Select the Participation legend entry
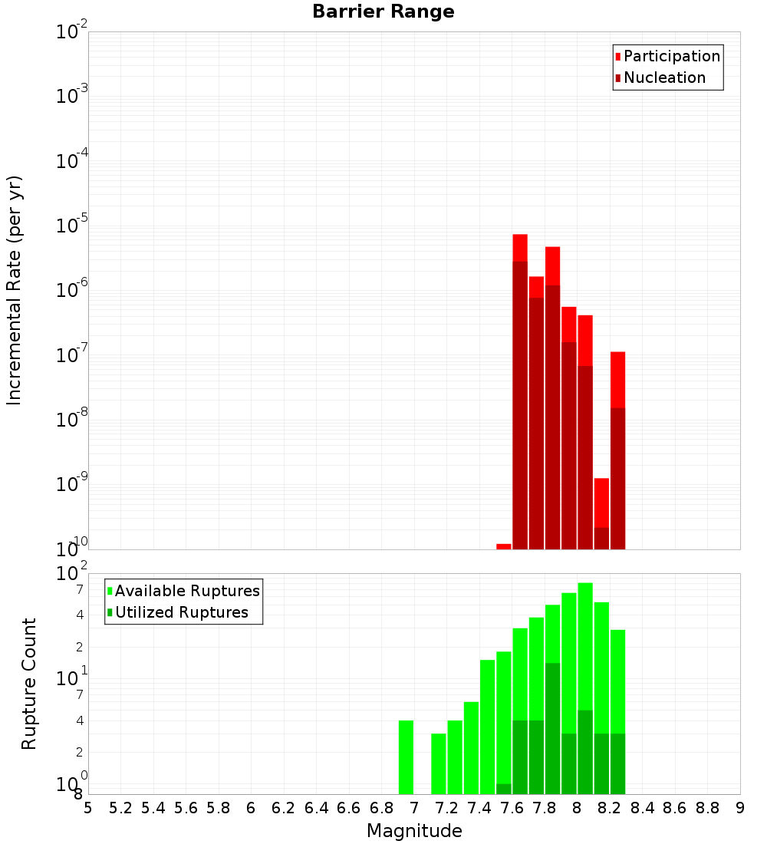(671, 56)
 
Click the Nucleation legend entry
(663, 77)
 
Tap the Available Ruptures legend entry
(186, 591)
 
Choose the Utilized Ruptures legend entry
(181, 612)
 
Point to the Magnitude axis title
(414, 831)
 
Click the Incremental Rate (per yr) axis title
(14, 290)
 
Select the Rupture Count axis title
(29, 684)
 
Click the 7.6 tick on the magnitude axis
(512, 807)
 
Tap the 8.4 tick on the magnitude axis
(643, 807)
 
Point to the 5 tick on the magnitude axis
(88, 807)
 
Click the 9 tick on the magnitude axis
(740, 807)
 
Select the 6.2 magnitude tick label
(284, 807)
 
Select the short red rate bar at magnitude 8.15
(601, 503)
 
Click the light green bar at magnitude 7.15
(439, 763)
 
